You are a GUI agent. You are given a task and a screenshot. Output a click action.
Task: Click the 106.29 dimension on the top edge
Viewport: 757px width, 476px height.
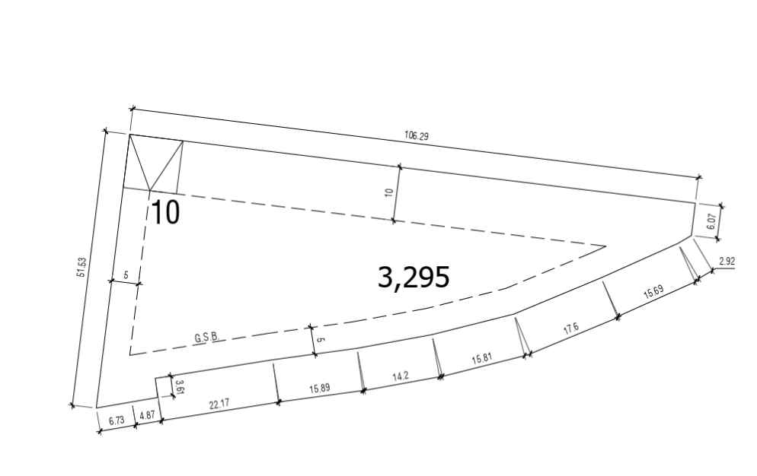click(416, 135)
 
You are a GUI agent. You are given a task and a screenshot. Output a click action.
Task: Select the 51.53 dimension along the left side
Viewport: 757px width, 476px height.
click(81, 267)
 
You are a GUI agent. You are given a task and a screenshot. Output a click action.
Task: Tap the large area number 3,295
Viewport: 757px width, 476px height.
click(414, 278)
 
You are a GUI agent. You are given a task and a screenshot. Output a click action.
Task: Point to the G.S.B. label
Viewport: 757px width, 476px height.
click(207, 337)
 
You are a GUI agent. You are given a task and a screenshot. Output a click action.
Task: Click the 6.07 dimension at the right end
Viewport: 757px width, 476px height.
click(711, 221)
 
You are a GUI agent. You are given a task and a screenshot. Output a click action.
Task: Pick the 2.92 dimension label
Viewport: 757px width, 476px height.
click(727, 262)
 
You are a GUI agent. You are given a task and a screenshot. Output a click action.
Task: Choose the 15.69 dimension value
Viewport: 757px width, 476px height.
click(653, 292)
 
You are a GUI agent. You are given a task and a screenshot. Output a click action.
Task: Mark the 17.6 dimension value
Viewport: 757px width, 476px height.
click(571, 329)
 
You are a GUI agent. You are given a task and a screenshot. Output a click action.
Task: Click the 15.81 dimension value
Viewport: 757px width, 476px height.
click(482, 359)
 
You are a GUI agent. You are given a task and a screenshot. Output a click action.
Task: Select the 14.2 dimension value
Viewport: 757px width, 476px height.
click(401, 376)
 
